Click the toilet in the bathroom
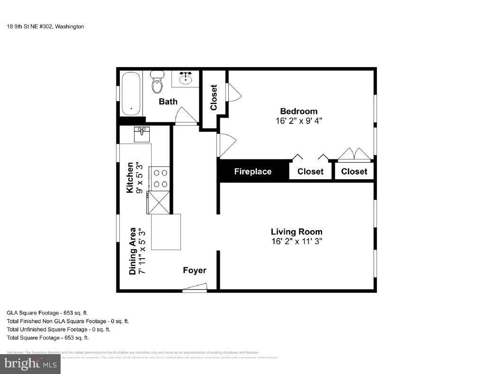point(157,82)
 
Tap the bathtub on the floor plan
point(131,93)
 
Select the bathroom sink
point(185,79)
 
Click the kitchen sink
point(142,135)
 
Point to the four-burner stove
point(160,178)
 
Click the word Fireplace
point(253,172)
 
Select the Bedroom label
point(298,111)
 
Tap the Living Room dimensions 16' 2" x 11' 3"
point(296,241)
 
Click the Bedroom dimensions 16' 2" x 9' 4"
point(298,121)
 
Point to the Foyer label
point(195,270)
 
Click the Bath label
point(168,101)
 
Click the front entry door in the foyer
point(195,287)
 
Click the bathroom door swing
point(186,116)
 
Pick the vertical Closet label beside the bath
point(214,97)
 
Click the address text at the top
point(45,26)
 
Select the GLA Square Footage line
point(47,313)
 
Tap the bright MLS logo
point(30,364)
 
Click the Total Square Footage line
point(48,338)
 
